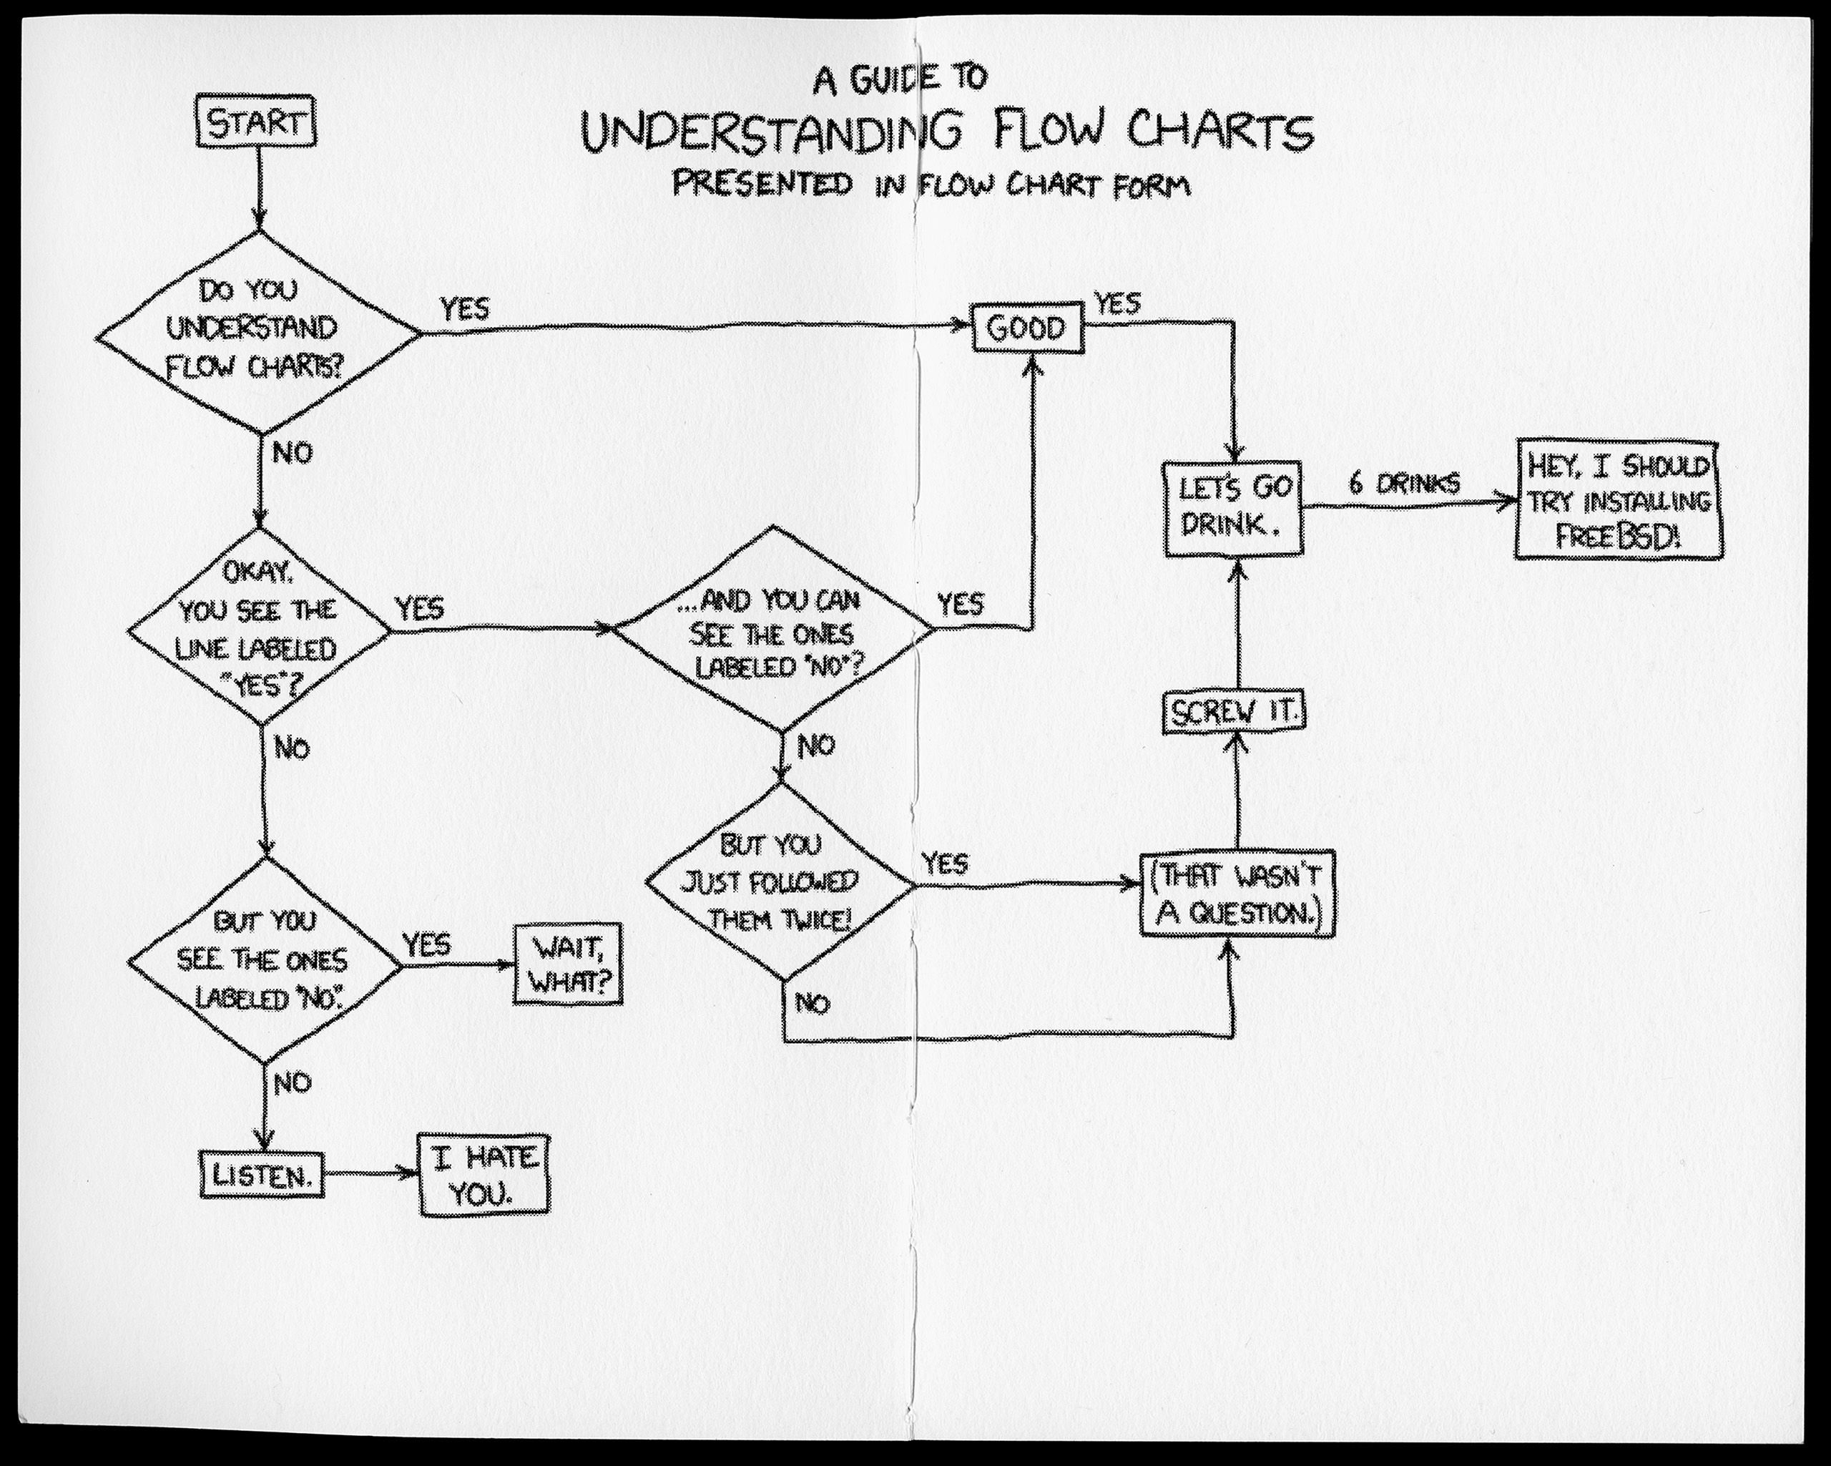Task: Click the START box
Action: coord(255,125)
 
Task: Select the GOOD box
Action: coord(1028,328)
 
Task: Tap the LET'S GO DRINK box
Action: coord(1234,508)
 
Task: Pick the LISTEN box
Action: coord(262,1176)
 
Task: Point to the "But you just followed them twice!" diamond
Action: coord(780,884)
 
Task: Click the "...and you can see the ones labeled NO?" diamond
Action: coord(773,630)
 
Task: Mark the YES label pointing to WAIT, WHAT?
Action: coord(426,945)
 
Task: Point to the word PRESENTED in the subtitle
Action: coord(760,183)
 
